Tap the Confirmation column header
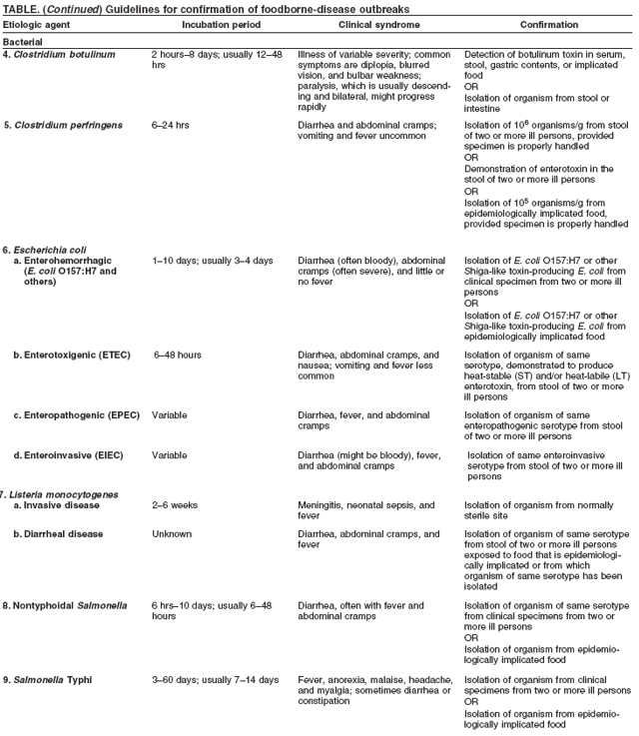pyautogui.click(x=547, y=24)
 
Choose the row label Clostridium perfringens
pyautogui.click(x=69, y=126)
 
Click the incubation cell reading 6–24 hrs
pyautogui.click(x=171, y=126)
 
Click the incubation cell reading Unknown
pyautogui.click(x=172, y=534)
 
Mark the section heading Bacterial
pyautogui.click(x=23, y=42)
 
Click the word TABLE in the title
pyautogui.click(x=19, y=8)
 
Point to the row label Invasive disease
pyautogui.click(x=64, y=505)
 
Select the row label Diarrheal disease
pyautogui.click(x=65, y=534)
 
